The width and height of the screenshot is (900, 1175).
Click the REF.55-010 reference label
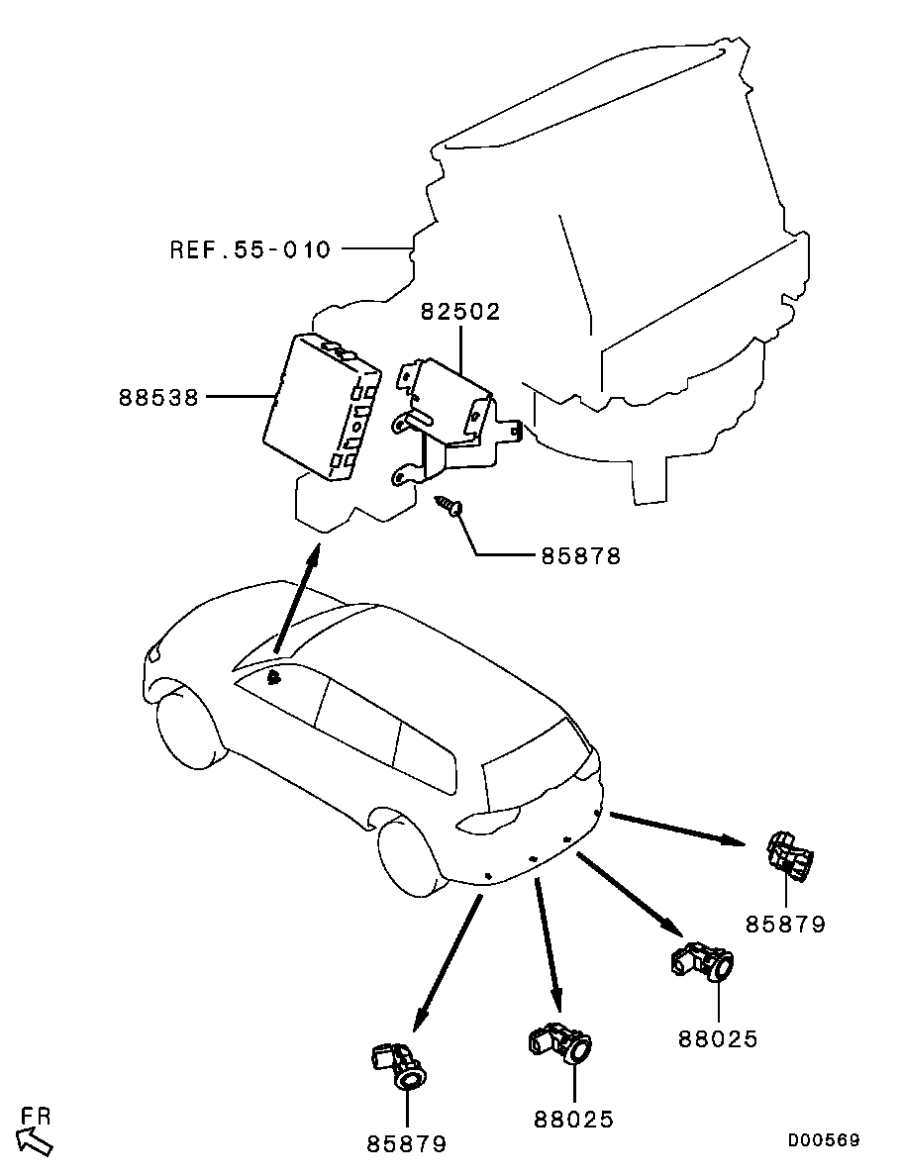click(x=250, y=248)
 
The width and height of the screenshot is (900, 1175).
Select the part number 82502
click(x=459, y=311)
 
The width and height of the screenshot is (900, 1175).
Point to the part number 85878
click(x=581, y=556)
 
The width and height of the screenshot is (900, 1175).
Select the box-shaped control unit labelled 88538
click(x=322, y=406)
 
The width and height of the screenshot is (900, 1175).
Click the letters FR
click(x=36, y=1116)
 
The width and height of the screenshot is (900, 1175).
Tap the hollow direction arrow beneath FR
click(x=34, y=1142)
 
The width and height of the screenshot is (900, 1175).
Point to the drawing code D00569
click(x=824, y=1139)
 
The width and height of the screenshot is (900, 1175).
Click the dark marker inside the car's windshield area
click(x=275, y=679)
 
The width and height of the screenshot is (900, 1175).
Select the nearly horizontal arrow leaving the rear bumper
click(x=677, y=829)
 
